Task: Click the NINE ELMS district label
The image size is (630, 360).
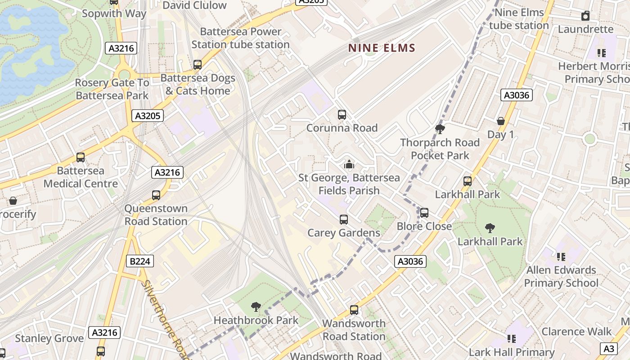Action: tap(382, 48)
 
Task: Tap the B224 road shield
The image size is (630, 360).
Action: tap(139, 261)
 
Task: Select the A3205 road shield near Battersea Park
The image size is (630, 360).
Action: tap(148, 116)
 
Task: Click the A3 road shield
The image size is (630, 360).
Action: tap(608, 348)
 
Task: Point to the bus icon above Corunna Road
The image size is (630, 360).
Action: tap(342, 115)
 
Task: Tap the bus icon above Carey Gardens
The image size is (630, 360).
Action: tap(344, 220)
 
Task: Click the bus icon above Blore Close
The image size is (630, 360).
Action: tap(424, 213)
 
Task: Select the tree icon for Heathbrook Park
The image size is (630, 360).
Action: tap(256, 307)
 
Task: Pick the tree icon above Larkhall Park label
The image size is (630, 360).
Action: tap(490, 228)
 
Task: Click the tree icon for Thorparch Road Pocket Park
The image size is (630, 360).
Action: tap(440, 130)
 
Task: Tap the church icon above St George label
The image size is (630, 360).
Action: tap(349, 165)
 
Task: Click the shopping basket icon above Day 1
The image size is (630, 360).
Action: tap(500, 121)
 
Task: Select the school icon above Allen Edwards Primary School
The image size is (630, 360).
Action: tap(561, 257)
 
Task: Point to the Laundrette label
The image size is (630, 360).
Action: tap(585, 29)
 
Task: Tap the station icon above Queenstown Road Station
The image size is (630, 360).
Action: tap(156, 195)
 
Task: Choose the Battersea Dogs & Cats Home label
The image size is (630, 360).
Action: tap(198, 84)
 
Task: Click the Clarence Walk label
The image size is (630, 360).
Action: tap(576, 332)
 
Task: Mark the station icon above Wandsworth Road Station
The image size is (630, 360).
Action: tap(354, 310)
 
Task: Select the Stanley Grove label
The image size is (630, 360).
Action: tap(49, 338)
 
